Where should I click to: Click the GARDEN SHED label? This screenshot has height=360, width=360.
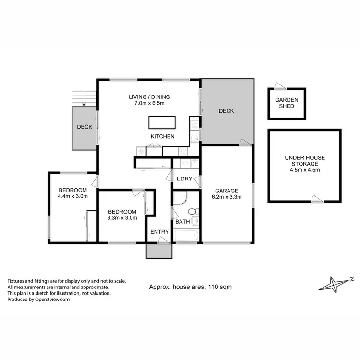(x=287, y=103)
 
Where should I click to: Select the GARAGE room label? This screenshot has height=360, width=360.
(x=226, y=190)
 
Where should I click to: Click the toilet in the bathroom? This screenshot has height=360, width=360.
(x=192, y=211)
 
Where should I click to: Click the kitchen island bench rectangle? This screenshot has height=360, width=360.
(x=162, y=122)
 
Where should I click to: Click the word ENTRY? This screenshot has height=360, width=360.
(x=159, y=232)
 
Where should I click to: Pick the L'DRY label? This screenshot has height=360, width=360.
(x=184, y=179)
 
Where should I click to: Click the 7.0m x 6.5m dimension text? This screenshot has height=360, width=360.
(x=149, y=103)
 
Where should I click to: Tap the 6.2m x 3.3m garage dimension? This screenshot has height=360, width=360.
(x=226, y=196)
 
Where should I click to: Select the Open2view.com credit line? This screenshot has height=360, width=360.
(x=38, y=299)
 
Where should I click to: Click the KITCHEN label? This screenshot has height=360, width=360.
(x=162, y=137)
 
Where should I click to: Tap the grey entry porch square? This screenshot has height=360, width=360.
(x=158, y=251)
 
